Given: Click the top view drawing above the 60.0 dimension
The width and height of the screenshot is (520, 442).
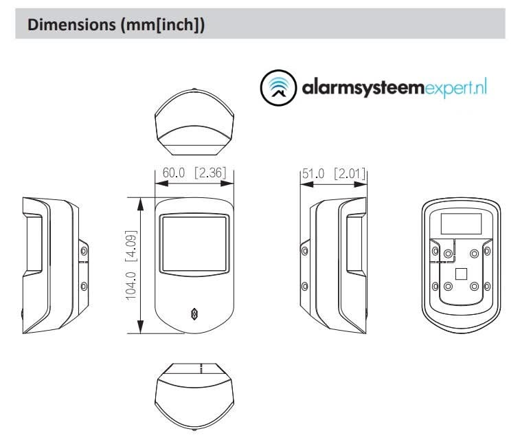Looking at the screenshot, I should [194, 124].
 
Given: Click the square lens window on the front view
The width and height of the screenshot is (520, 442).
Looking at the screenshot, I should [194, 242].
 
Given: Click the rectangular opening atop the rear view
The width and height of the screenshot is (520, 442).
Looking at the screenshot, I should [460, 223].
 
